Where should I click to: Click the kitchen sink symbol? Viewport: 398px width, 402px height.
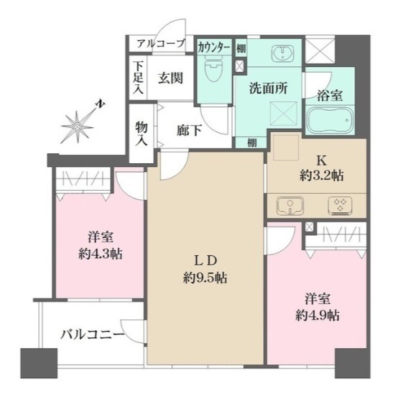click(290, 206)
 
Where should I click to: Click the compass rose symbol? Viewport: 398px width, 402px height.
click(77, 126)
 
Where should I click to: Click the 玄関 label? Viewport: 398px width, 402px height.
click(170, 78)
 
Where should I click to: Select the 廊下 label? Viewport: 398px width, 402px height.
click(190, 130)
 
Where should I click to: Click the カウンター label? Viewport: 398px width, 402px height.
click(214, 47)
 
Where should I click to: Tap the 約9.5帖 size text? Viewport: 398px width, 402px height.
click(205, 278)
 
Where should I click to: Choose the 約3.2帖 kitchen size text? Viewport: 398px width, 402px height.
click(322, 176)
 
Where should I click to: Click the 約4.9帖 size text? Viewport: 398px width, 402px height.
click(318, 316)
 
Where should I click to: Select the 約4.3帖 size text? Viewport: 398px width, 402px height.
click(101, 254)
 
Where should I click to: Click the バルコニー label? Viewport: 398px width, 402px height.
click(92, 334)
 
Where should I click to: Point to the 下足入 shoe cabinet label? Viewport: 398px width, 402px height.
click(139, 78)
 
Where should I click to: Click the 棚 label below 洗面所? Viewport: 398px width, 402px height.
click(253, 143)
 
